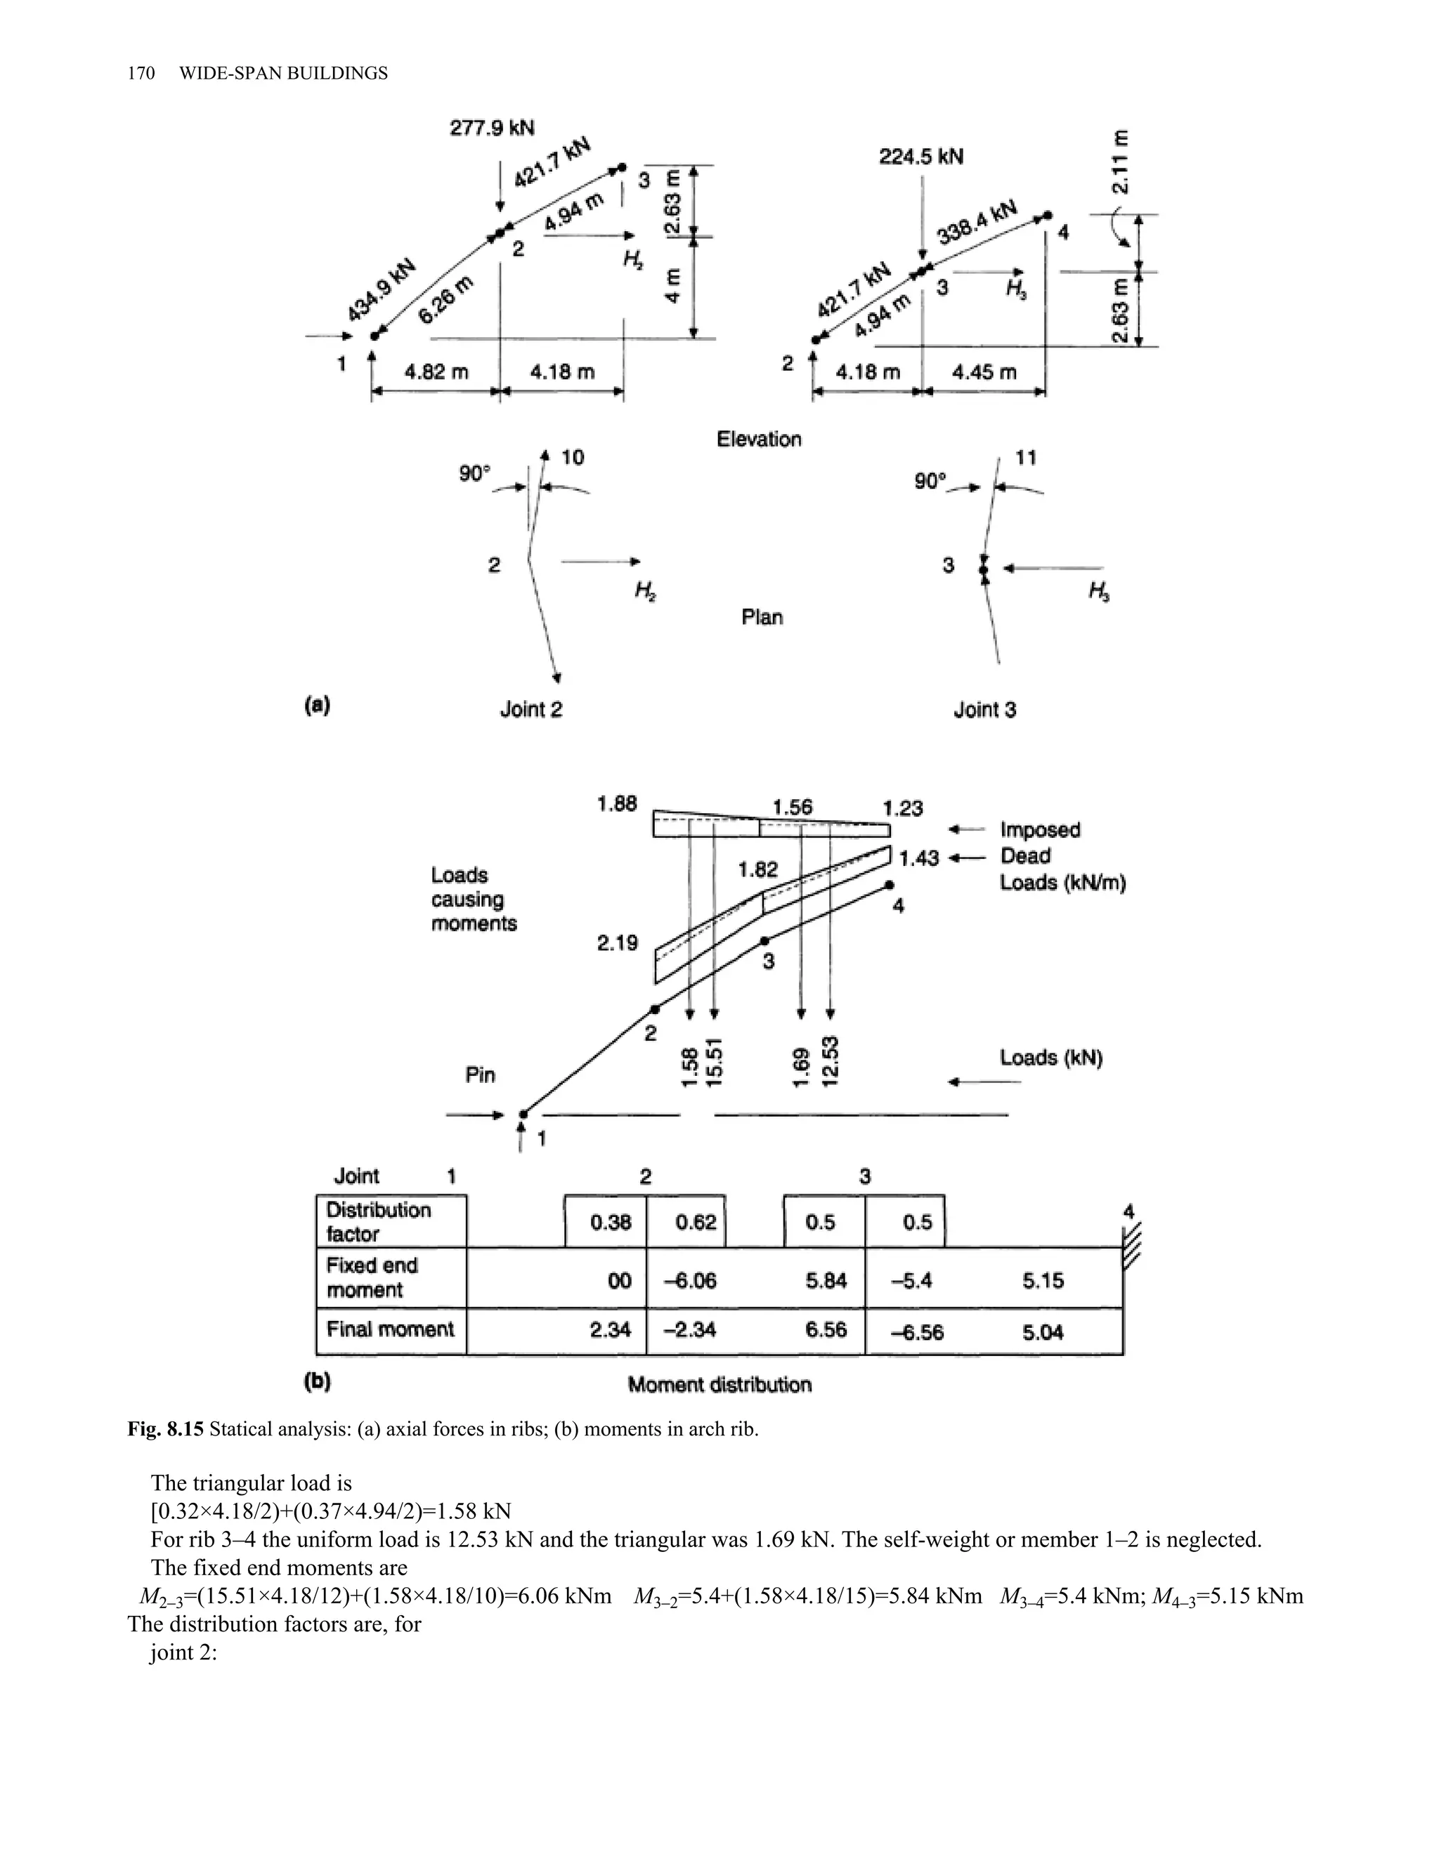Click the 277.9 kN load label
click(x=492, y=128)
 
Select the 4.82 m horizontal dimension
click(x=436, y=372)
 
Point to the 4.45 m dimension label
click(x=984, y=372)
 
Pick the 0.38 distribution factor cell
click(x=611, y=1223)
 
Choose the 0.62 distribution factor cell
click(x=696, y=1223)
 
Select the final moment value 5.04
click(x=1043, y=1331)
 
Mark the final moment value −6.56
click(x=916, y=1331)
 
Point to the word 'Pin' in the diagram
click(x=480, y=1075)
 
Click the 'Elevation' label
click(x=759, y=440)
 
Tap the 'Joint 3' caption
click(x=984, y=709)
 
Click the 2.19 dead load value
click(x=617, y=943)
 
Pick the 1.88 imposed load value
click(x=616, y=804)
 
